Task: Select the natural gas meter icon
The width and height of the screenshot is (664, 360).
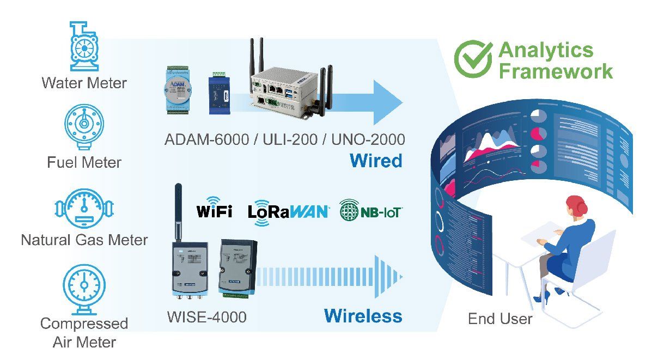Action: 84,208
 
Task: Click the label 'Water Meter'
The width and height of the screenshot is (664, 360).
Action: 84,83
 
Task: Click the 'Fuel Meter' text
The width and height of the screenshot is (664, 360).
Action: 84,162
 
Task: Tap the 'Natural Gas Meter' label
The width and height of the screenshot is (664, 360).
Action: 84,240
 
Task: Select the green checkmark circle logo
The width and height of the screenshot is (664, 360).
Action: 473,59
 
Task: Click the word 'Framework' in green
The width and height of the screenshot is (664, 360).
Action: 556,71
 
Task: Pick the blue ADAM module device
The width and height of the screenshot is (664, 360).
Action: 177,90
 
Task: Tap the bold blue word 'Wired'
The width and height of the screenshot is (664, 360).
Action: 376,161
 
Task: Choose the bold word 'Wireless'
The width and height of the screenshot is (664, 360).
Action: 363,316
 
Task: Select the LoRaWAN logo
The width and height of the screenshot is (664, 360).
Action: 288,212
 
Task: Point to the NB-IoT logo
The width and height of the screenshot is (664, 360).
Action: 370,210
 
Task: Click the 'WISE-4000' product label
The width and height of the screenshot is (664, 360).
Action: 207,317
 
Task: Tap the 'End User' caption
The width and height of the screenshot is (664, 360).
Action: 500,319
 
